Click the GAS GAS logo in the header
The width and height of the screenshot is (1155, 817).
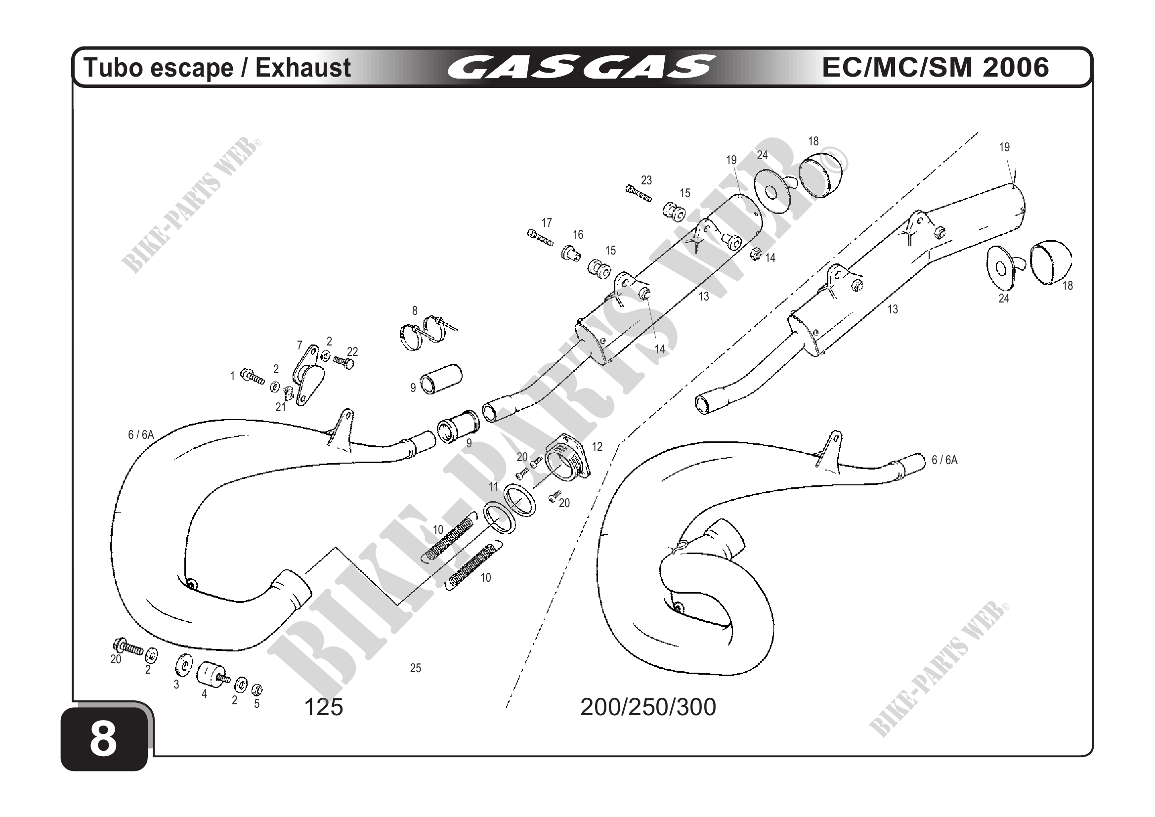point(581,68)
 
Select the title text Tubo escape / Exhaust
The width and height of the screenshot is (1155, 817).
point(217,68)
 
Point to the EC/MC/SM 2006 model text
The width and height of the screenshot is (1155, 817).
point(935,67)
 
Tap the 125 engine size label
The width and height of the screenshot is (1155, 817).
point(323,707)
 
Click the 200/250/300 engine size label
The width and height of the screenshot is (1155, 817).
point(648,707)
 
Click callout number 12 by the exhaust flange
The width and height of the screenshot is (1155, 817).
point(597,446)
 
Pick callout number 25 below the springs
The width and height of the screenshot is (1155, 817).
point(416,668)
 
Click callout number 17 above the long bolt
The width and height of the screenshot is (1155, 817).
point(547,222)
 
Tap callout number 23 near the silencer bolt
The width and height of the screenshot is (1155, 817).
point(646,180)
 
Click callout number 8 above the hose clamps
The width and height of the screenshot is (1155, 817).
point(415,311)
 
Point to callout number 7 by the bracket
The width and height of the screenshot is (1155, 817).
point(300,345)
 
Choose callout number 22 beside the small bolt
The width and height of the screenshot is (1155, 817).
point(353,351)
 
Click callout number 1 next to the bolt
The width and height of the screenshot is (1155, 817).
point(232,376)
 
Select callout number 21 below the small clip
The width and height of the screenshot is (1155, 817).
point(280,407)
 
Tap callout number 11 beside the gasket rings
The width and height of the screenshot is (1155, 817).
point(494,486)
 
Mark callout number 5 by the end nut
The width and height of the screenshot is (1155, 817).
point(257,703)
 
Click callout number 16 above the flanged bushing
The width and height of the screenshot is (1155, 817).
point(578,234)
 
